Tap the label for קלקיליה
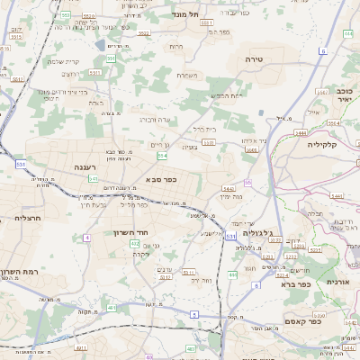(x=321, y=144)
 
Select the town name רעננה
(x=92, y=166)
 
